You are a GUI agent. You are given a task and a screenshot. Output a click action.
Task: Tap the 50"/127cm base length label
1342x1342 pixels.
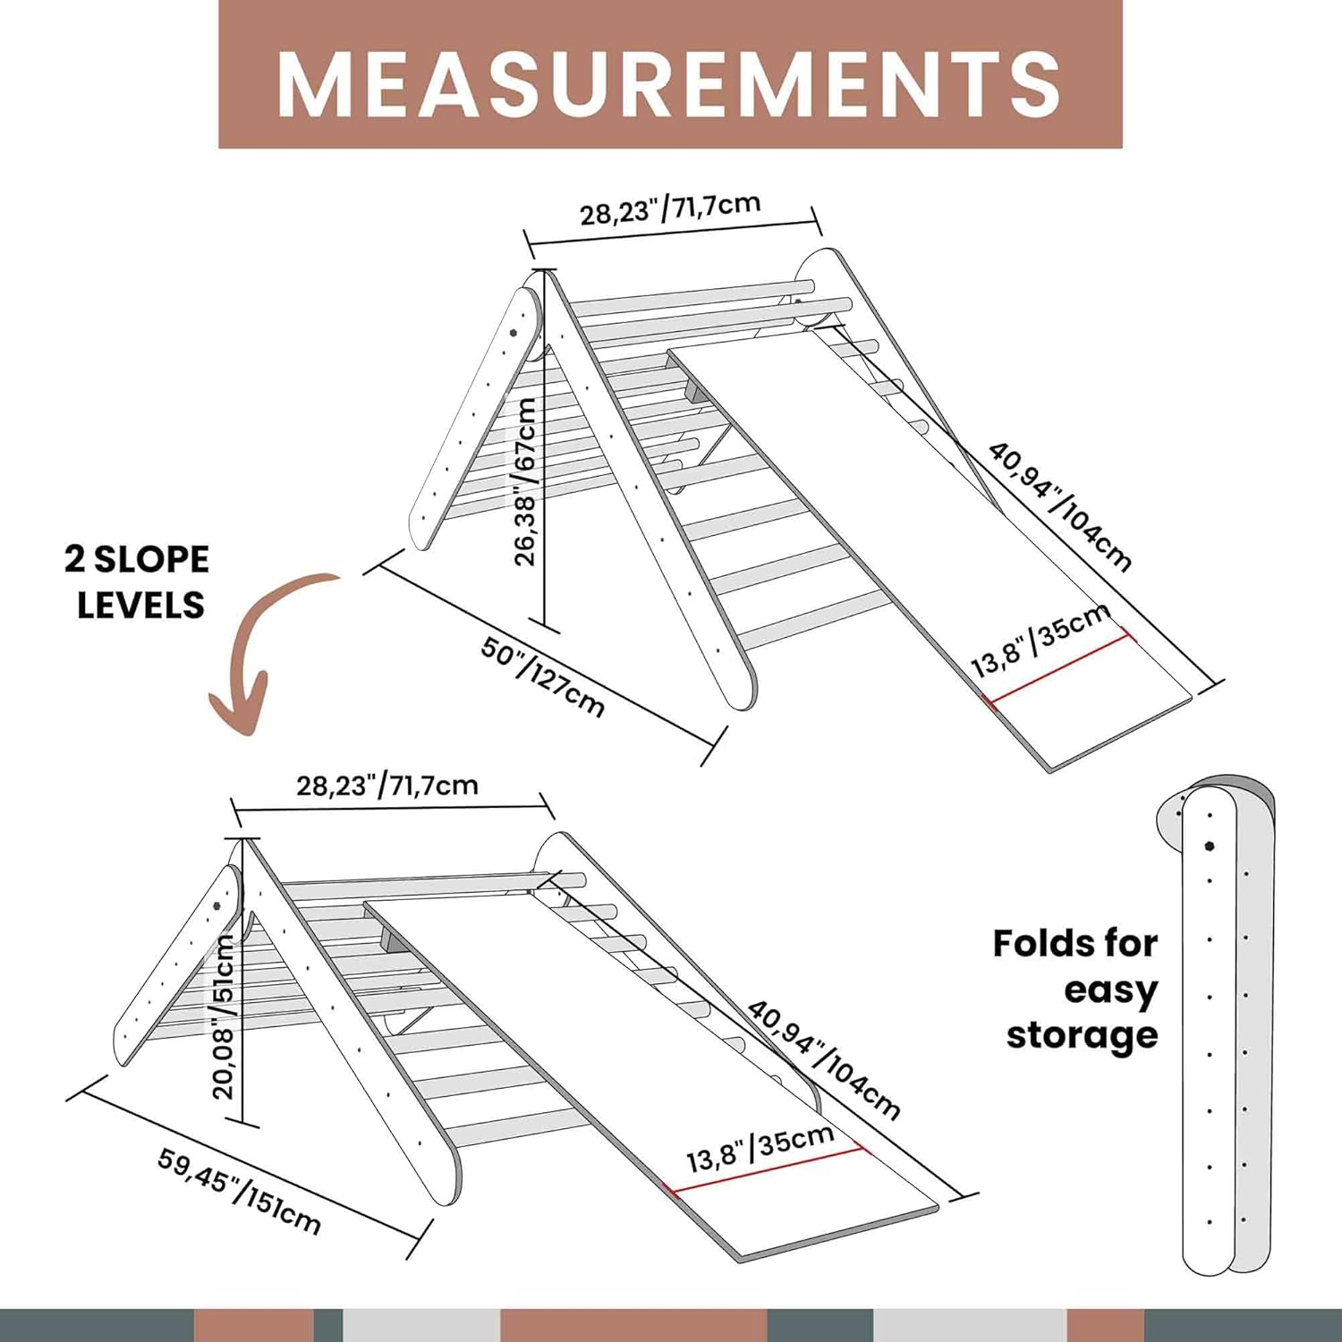[x=543, y=675]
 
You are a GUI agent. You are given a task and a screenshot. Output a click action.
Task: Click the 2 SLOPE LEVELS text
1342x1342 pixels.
[x=137, y=582]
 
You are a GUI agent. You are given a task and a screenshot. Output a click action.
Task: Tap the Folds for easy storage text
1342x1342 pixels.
[x=1075, y=989]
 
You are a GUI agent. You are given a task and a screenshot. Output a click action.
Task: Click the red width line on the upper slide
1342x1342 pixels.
[x=1060, y=668]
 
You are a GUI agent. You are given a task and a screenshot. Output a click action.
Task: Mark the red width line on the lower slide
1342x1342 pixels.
[x=765, y=1170]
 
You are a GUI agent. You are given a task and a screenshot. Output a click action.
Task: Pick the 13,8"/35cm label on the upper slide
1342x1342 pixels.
[x=1040, y=639]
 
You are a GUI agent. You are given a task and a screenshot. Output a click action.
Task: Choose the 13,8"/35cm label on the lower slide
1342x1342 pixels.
[x=760, y=1148]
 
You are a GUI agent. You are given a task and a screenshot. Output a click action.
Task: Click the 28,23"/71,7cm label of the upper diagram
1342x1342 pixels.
[x=670, y=208]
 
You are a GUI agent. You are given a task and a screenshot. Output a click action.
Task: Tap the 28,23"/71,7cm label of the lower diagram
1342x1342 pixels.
[x=387, y=786]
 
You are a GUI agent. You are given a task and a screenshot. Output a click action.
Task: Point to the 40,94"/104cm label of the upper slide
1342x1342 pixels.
[x=1061, y=505]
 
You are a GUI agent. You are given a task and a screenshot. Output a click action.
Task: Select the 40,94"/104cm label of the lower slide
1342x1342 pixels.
[x=823, y=1059]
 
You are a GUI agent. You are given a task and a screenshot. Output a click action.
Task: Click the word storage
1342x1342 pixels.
[x=1082, y=1035]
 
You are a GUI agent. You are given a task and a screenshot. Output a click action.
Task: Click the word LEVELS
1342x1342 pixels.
[x=140, y=605]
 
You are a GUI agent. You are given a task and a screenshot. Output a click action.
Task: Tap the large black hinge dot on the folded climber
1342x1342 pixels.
[x=1210, y=845]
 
